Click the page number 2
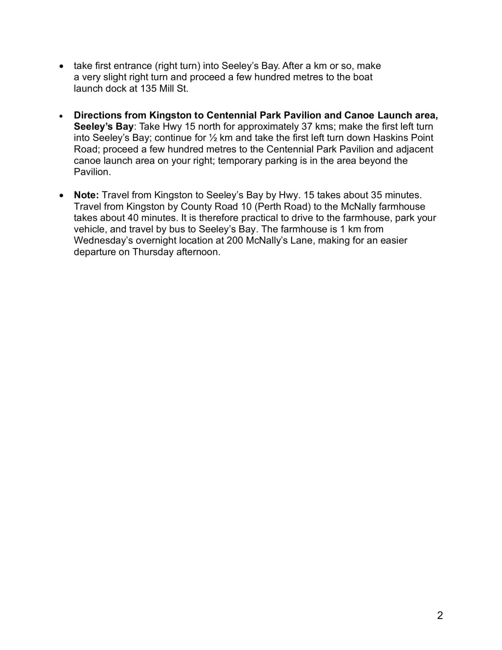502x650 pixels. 440,615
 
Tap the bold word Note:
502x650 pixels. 86,195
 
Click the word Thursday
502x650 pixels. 153,252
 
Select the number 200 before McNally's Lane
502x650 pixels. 235,240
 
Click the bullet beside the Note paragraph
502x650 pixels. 61,195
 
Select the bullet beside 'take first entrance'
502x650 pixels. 61,66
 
